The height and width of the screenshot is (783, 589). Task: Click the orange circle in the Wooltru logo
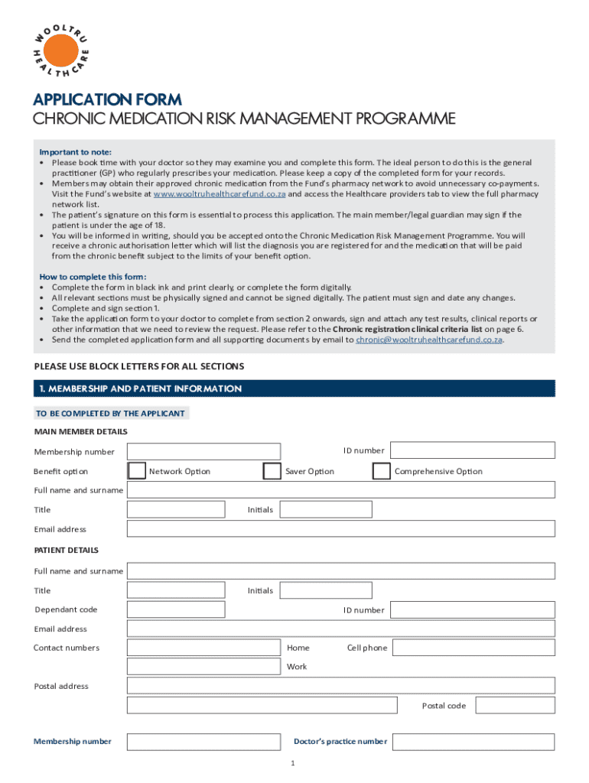60,51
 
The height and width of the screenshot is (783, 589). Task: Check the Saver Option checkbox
272,471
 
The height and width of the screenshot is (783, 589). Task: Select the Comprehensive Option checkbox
381,471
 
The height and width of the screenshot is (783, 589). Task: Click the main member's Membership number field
203,451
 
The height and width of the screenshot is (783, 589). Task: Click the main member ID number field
472,450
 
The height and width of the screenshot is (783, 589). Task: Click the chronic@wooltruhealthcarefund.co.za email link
429,340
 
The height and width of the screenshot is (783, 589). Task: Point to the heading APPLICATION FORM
107,99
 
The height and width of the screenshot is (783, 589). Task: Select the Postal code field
513,705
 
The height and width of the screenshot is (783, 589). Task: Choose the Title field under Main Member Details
176,509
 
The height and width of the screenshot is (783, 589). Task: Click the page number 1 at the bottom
293,764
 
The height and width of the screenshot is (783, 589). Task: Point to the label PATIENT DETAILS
67,550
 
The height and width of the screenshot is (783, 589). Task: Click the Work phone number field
203,666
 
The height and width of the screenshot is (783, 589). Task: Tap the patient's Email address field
340,629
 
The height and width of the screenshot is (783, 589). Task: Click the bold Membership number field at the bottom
203,741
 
